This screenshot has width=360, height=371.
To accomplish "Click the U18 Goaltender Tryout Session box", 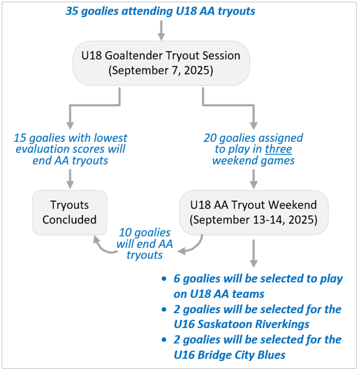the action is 161,63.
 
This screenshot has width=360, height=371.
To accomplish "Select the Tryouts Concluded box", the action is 70,213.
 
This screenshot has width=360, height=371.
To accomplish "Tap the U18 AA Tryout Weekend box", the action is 253,213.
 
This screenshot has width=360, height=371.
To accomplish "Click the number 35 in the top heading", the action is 71,11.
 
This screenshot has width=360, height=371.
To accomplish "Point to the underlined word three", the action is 278,149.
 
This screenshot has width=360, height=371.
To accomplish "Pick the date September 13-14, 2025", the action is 253,220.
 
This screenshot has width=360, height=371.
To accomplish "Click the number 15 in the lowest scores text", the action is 20,138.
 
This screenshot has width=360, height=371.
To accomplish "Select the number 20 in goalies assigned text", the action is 210,138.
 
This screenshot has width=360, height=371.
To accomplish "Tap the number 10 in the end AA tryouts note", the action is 125,233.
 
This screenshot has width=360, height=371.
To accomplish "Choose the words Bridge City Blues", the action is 242,355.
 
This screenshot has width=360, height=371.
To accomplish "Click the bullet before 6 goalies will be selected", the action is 164,279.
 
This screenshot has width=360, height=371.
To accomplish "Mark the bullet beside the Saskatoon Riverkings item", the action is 164,309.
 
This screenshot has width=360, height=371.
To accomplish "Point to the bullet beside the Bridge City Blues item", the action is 164,340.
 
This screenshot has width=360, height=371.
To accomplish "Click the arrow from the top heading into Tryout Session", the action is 162,30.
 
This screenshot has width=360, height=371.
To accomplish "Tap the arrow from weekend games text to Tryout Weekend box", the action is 253,179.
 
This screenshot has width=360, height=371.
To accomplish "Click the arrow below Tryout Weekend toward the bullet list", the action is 253,254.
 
